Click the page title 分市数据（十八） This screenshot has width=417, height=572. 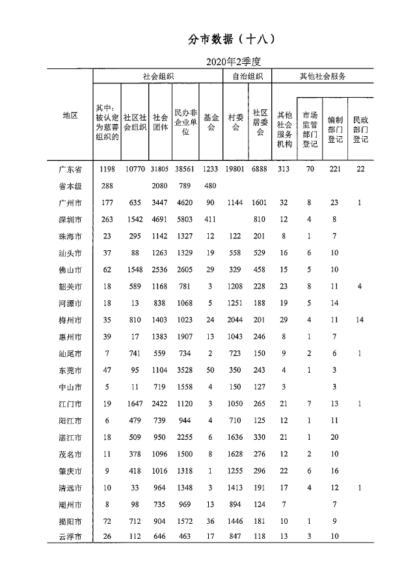[232, 39]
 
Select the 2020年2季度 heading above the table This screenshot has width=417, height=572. [232, 62]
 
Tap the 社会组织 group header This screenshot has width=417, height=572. [158, 76]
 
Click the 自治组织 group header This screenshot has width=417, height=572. [247, 76]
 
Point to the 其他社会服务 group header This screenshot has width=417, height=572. [322, 76]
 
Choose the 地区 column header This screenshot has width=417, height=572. [70, 115]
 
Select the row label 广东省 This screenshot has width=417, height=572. [70, 169]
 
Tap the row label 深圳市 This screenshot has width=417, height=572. [70, 220]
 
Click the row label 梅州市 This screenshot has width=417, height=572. [70, 320]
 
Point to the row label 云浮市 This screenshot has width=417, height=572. [70, 537]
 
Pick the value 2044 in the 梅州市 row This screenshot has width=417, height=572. [235, 320]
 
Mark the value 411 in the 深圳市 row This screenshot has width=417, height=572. [210, 220]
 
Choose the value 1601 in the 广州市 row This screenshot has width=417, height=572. [260, 203]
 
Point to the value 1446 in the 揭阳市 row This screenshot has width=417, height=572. [235, 521]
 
